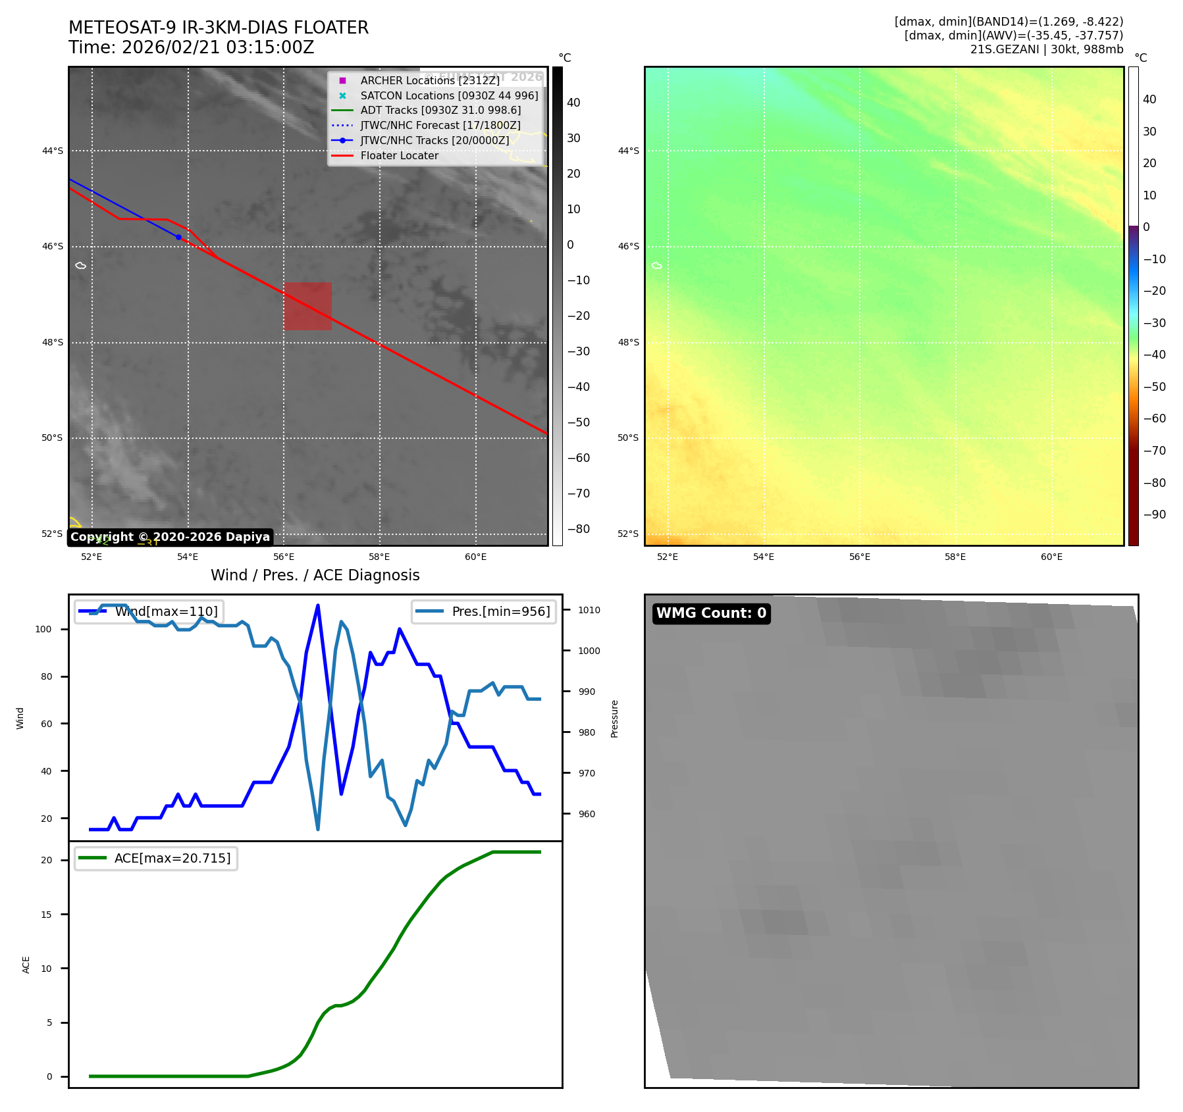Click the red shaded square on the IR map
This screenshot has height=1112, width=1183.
coord(307,306)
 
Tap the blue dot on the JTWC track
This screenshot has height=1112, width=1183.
coord(178,237)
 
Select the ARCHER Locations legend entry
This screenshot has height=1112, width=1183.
coord(430,80)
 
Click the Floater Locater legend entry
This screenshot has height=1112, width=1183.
coord(399,155)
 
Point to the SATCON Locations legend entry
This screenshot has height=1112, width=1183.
coord(449,95)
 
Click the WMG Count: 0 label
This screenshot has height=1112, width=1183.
coord(711,613)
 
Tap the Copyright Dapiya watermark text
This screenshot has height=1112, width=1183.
coord(170,537)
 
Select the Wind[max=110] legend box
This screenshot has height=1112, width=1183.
coord(149,611)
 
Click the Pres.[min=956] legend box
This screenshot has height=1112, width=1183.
coord(484,611)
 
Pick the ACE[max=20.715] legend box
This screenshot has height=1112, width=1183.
coord(156,858)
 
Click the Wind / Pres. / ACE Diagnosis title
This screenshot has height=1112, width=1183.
coord(315,575)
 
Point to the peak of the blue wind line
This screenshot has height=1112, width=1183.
coord(318,605)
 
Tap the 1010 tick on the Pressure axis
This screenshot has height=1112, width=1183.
coord(589,610)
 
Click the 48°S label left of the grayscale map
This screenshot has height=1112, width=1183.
coord(53,342)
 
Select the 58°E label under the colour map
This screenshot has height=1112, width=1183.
coord(955,557)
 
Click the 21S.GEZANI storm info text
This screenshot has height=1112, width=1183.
coord(1046,49)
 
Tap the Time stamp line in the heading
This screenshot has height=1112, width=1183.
coord(191,47)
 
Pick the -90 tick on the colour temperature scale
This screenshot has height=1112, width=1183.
coord(1154,515)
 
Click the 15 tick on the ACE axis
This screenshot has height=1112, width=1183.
coord(46,914)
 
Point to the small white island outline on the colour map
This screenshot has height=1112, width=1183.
coord(656,266)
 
